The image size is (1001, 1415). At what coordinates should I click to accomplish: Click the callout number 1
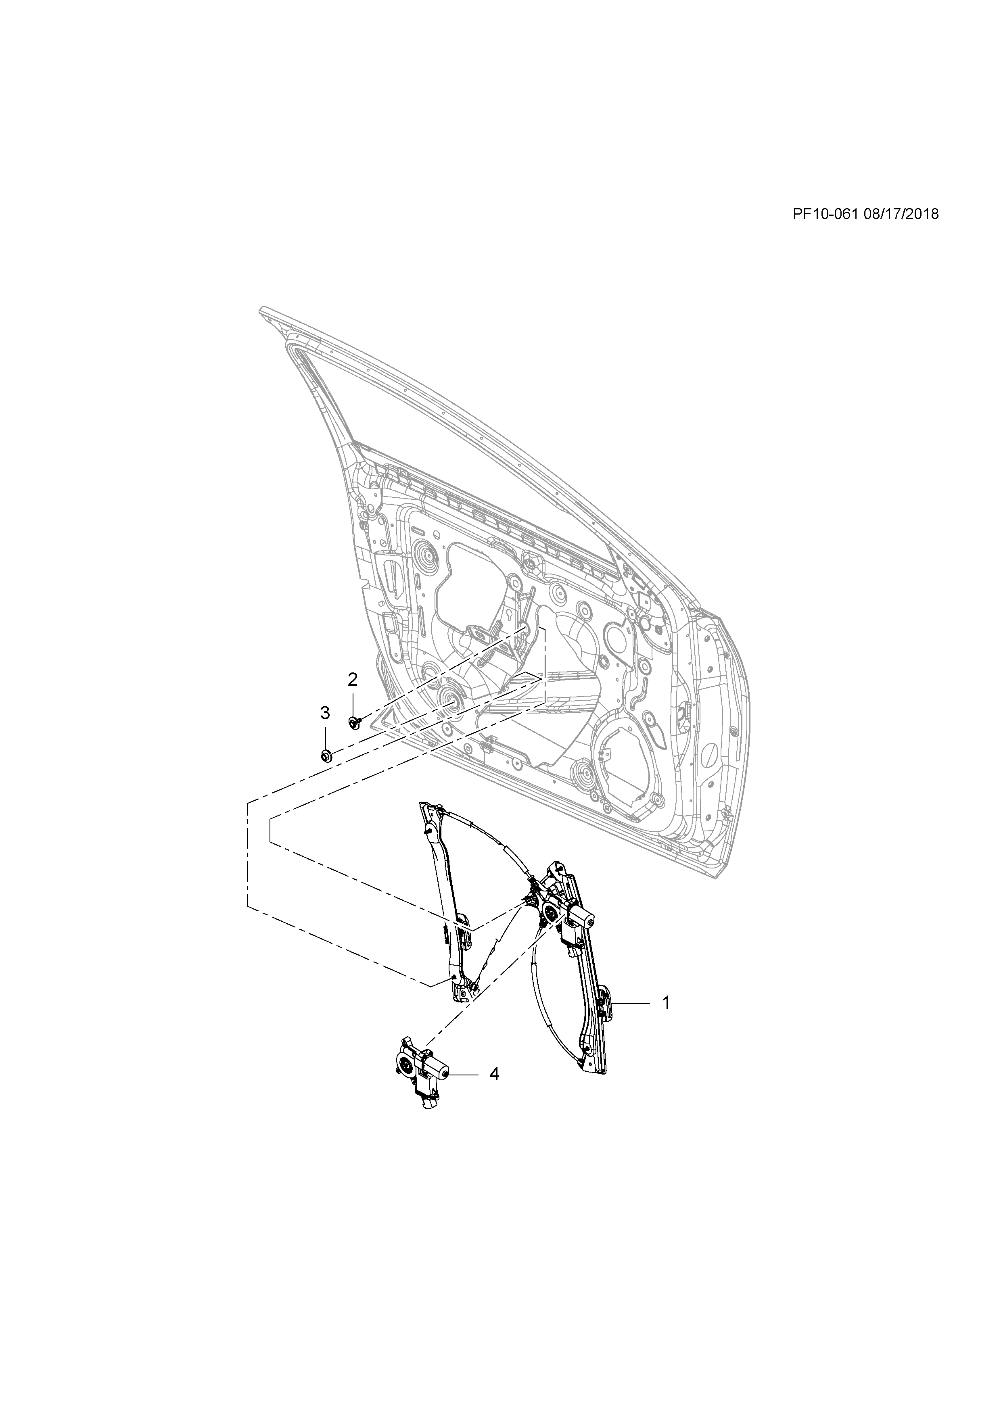click(666, 1003)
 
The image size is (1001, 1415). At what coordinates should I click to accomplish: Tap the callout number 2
click(353, 680)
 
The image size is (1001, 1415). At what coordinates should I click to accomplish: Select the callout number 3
click(325, 713)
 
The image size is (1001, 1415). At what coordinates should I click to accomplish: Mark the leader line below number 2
click(353, 703)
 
